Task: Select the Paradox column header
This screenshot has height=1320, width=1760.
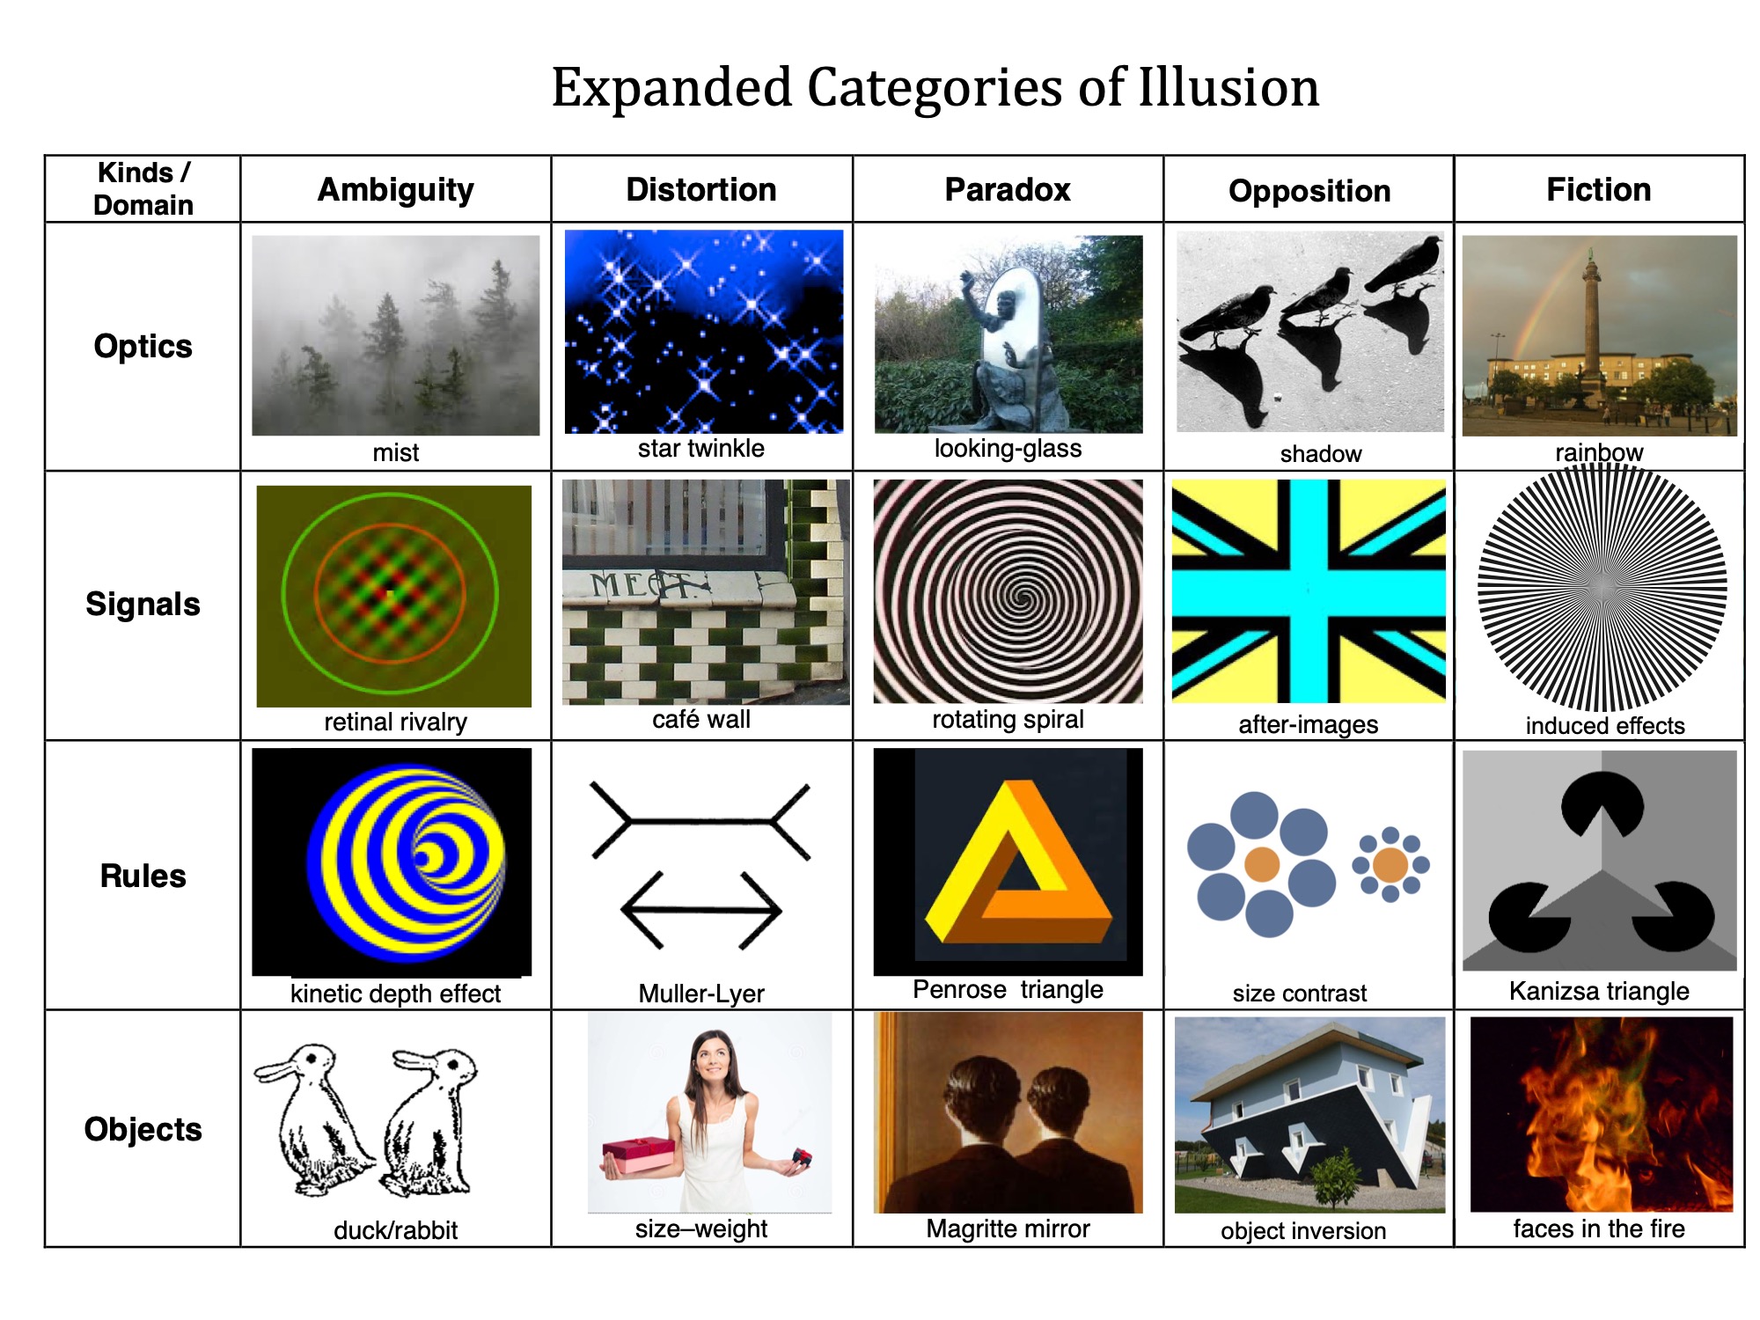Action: [x=1008, y=190]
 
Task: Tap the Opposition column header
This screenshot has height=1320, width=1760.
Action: [x=1309, y=191]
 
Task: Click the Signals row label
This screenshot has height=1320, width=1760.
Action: [x=143, y=605]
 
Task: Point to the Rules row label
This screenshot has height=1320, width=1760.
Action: [x=143, y=876]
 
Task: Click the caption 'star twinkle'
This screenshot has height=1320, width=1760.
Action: [x=700, y=449]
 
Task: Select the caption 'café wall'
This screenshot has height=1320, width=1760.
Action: [x=700, y=720]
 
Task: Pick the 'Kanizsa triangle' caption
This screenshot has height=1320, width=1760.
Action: [x=1598, y=991]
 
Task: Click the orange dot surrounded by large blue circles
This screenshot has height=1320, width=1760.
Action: [x=1261, y=864]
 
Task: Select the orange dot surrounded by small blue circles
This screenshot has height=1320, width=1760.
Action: [x=1390, y=865]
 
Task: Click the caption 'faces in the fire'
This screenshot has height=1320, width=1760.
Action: [x=1598, y=1228]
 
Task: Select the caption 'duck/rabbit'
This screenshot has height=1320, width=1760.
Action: [x=395, y=1230]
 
